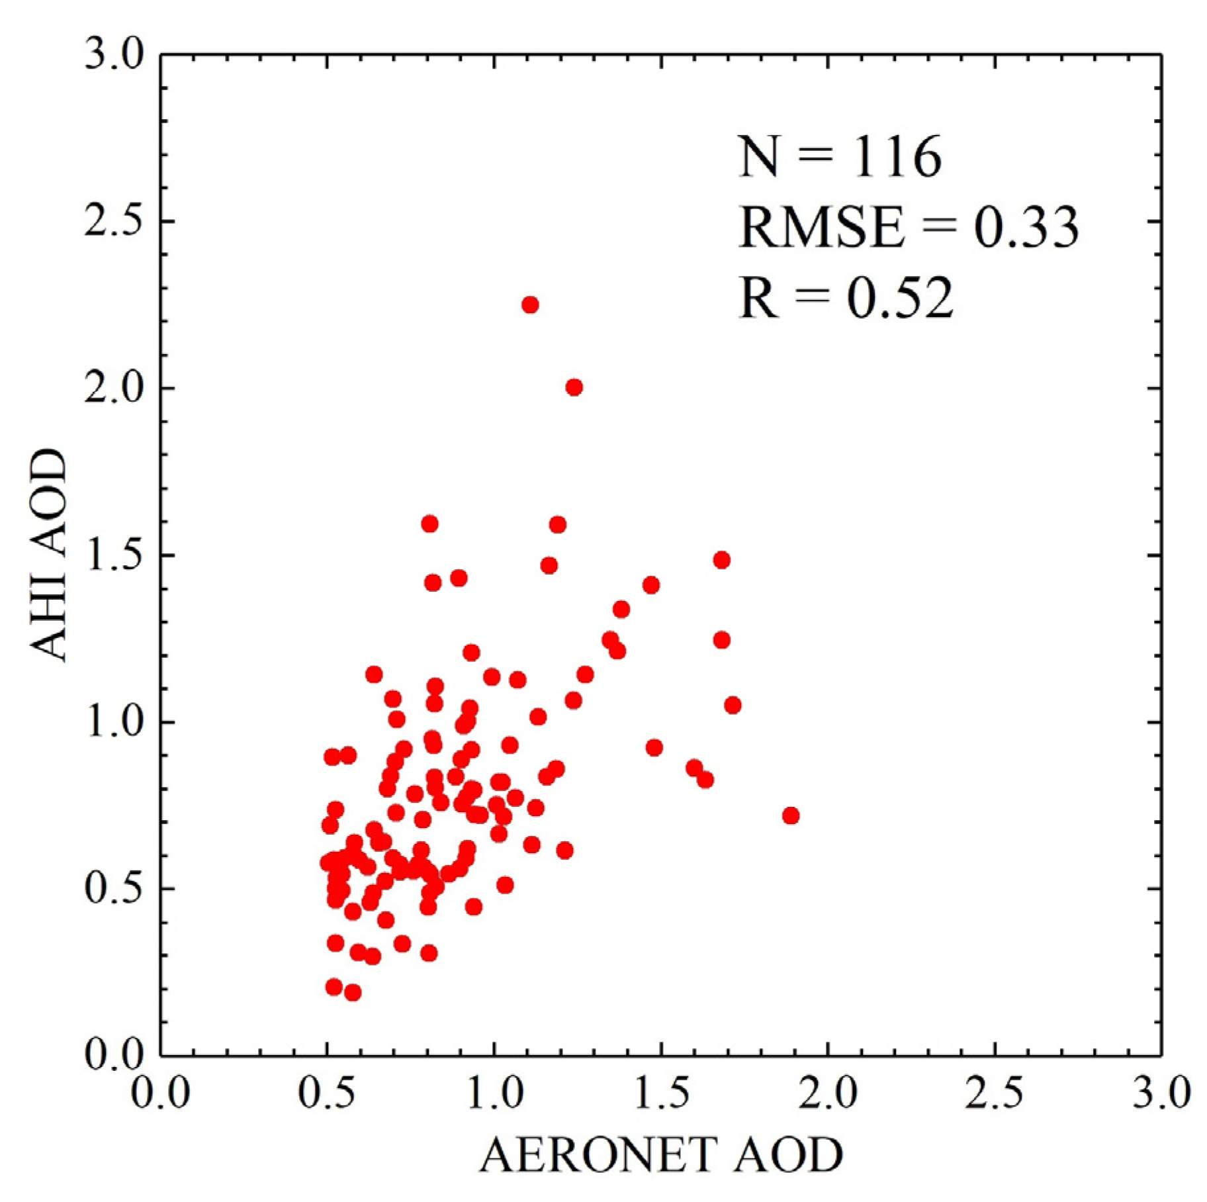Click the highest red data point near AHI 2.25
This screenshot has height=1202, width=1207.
tap(530, 304)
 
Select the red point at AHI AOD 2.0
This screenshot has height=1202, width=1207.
tap(574, 387)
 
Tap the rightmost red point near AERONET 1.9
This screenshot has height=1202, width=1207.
tap(790, 815)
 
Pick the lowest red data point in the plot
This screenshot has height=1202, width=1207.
tap(353, 992)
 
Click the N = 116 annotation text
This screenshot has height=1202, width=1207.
tap(839, 157)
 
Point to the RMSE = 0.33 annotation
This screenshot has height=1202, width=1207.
tap(908, 227)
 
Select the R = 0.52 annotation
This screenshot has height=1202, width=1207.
tap(846, 298)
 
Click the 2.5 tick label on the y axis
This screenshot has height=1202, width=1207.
tap(114, 221)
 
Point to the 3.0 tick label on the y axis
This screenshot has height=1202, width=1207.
tap(114, 54)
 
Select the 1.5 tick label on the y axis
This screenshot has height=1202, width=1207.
tap(114, 555)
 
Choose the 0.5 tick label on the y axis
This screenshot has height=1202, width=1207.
tap(114, 888)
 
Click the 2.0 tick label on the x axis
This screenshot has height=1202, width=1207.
tap(827, 1093)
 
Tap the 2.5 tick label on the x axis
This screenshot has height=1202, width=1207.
tap(994, 1093)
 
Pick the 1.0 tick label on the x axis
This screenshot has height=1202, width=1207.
tap(494, 1093)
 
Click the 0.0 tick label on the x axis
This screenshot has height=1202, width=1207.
tap(160, 1093)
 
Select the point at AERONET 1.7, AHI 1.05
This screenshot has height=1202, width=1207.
tap(732, 705)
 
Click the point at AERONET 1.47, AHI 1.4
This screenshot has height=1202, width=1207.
tap(650, 585)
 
